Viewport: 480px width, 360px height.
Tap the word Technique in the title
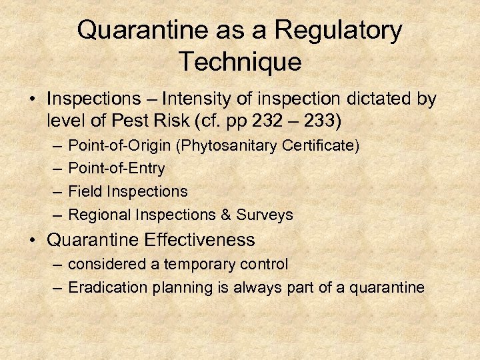tap(240, 62)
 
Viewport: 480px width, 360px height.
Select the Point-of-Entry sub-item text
tap(117, 168)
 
